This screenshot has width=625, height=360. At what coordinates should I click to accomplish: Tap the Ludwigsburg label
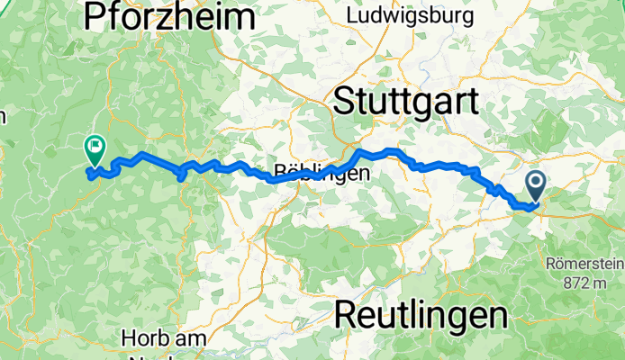coord(410,16)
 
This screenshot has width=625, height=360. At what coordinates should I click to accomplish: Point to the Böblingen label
coord(321,175)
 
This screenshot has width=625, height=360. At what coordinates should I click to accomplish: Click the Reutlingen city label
coord(421,314)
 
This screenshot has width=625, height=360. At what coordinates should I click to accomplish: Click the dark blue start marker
coord(535,186)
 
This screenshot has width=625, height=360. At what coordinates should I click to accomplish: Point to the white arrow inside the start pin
coord(535,184)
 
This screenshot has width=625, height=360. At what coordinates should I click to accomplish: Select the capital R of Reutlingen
coord(347,314)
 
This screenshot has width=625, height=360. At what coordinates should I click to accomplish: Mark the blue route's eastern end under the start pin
coord(536,205)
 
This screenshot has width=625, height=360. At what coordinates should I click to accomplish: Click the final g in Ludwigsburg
coord(466,18)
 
